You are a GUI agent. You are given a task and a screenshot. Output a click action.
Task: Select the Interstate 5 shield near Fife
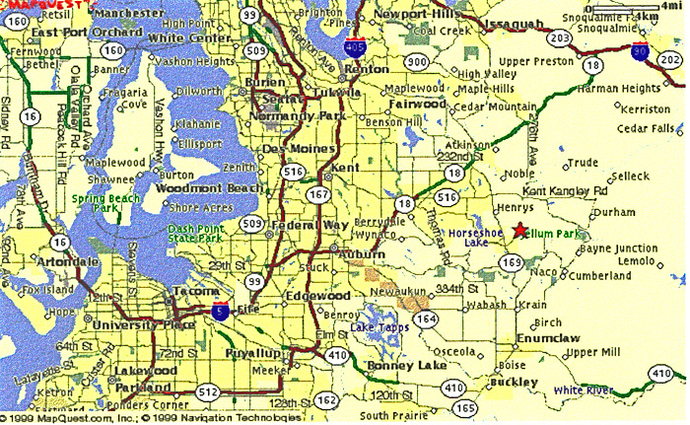pos(225,311)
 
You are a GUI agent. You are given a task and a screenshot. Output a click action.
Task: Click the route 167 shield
pos(317,194)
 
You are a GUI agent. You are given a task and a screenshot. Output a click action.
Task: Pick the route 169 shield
pos(511,262)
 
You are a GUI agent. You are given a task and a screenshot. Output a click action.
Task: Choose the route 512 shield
pos(205,391)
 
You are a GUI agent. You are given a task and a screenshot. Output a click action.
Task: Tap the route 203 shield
pos(560,37)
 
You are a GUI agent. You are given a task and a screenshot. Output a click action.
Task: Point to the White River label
pos(582,390)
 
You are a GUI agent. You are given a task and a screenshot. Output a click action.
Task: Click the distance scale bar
pos(634,9)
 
